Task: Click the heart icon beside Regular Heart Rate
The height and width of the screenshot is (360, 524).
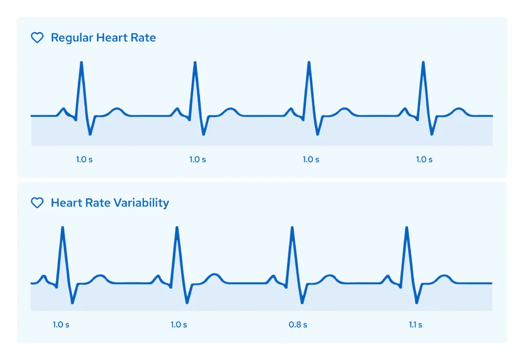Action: (37, 38)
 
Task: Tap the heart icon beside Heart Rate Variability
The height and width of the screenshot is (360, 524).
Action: (37, 203)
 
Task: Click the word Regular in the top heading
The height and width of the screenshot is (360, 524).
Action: (72, 38)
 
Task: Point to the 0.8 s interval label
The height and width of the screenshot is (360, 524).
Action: (298, 325)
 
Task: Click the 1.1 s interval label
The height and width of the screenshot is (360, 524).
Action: (416, 325)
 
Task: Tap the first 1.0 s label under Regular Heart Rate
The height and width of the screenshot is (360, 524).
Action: (84, 159)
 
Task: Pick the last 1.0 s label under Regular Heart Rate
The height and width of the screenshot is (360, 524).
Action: (424, 159)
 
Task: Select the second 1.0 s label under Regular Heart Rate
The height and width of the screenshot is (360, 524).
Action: (198, 159)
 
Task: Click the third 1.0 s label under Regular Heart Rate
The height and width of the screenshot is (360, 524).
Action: (311, 159)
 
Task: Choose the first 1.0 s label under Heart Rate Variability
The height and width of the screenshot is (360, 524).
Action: (61, 325)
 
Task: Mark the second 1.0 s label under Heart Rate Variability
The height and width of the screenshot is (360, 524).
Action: (179, 325)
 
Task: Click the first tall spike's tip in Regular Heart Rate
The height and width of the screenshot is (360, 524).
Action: (81, 62)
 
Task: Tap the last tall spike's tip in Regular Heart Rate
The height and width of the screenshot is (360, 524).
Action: (423, 62)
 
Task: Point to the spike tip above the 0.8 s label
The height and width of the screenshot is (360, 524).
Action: (292, 227)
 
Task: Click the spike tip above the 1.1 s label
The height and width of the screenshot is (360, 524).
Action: (407, 227)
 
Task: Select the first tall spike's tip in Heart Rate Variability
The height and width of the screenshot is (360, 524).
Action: (62, 227)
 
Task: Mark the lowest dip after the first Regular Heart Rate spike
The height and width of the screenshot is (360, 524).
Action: (90, 134)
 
